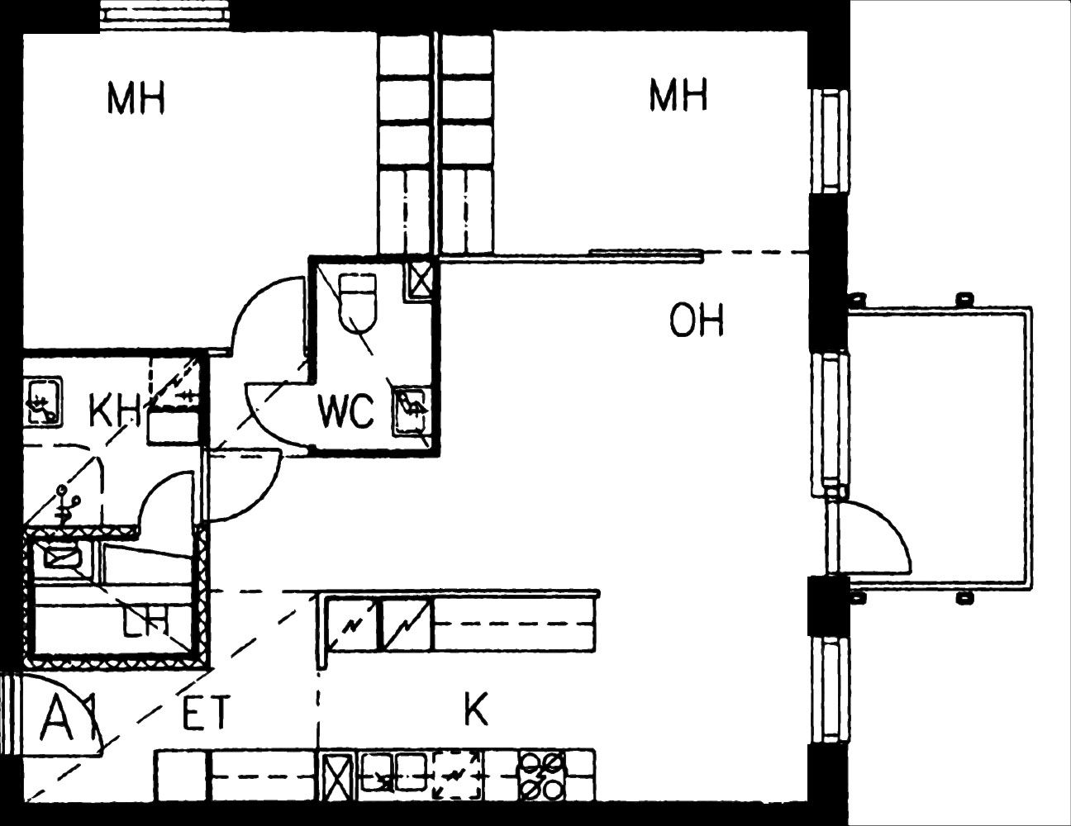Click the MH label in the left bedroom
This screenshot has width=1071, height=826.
136,99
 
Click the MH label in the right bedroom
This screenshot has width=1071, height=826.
678,95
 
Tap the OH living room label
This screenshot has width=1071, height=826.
697,320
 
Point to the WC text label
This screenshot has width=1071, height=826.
346,411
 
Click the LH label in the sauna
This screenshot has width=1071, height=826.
145,621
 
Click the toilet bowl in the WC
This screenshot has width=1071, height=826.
358,303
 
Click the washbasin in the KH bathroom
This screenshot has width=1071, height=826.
44,400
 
